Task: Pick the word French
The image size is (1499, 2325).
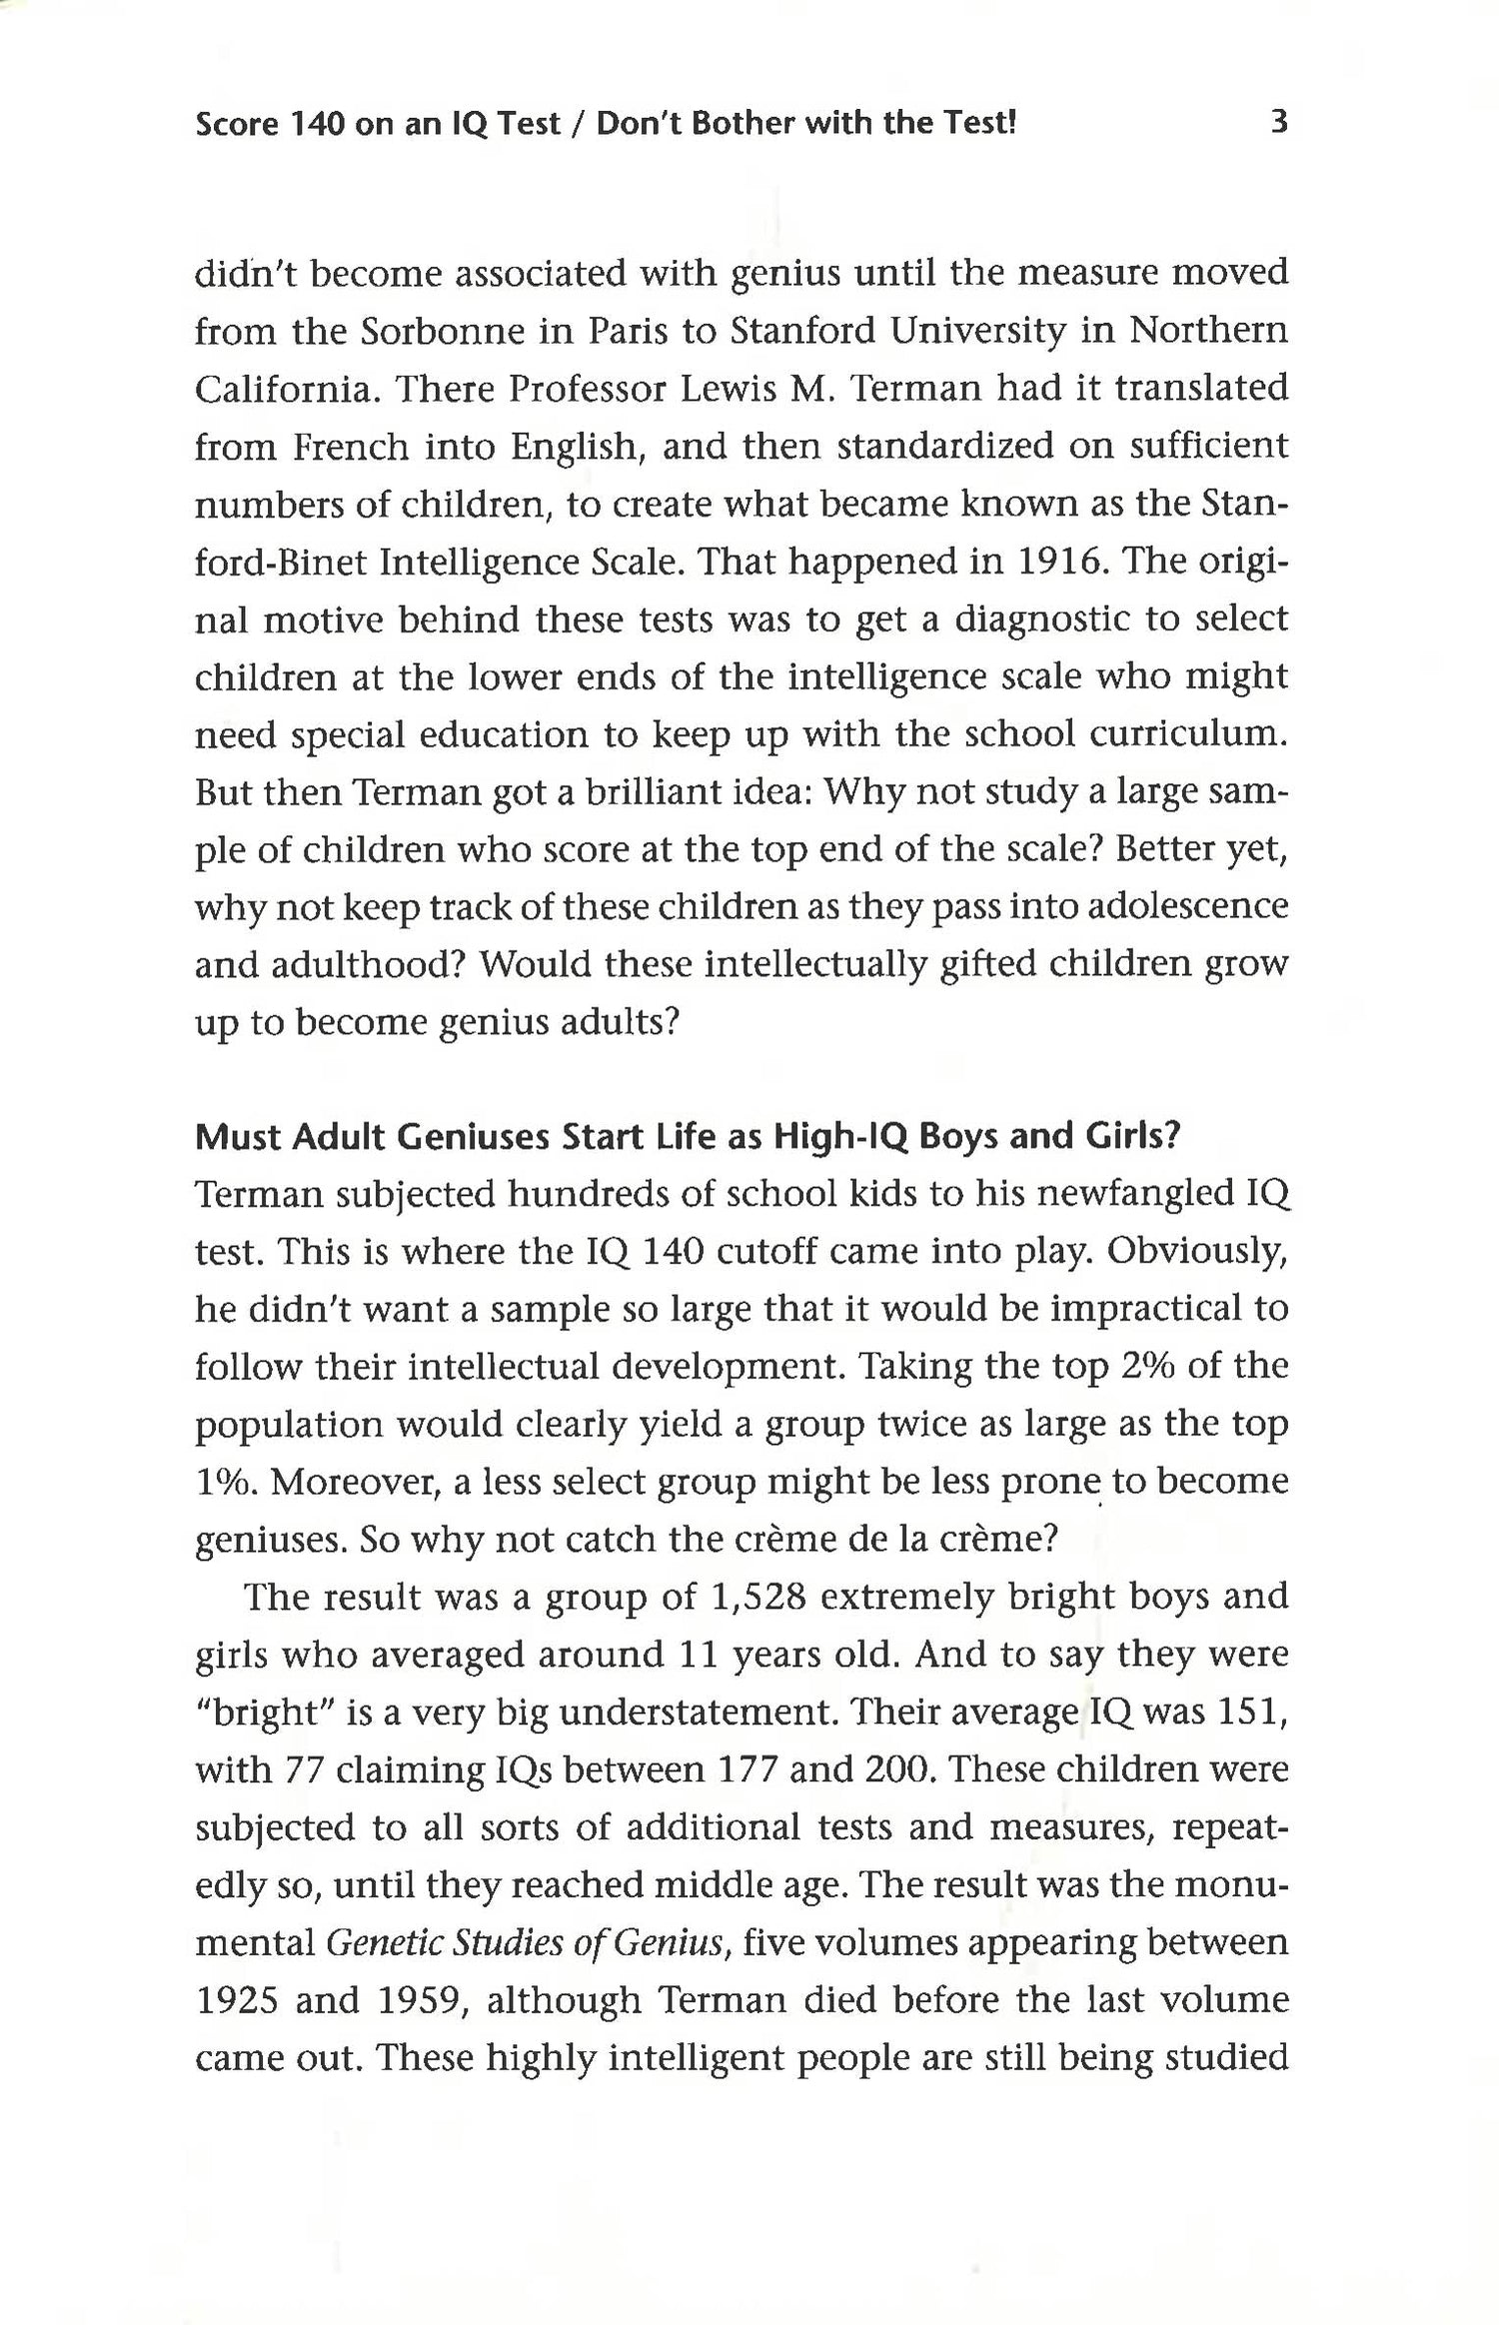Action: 351,446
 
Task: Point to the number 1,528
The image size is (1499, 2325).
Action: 756,1597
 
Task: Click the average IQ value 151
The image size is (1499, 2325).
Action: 1254,1713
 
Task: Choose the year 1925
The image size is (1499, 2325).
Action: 235,2001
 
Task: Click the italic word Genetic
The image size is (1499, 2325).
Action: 384,1943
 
